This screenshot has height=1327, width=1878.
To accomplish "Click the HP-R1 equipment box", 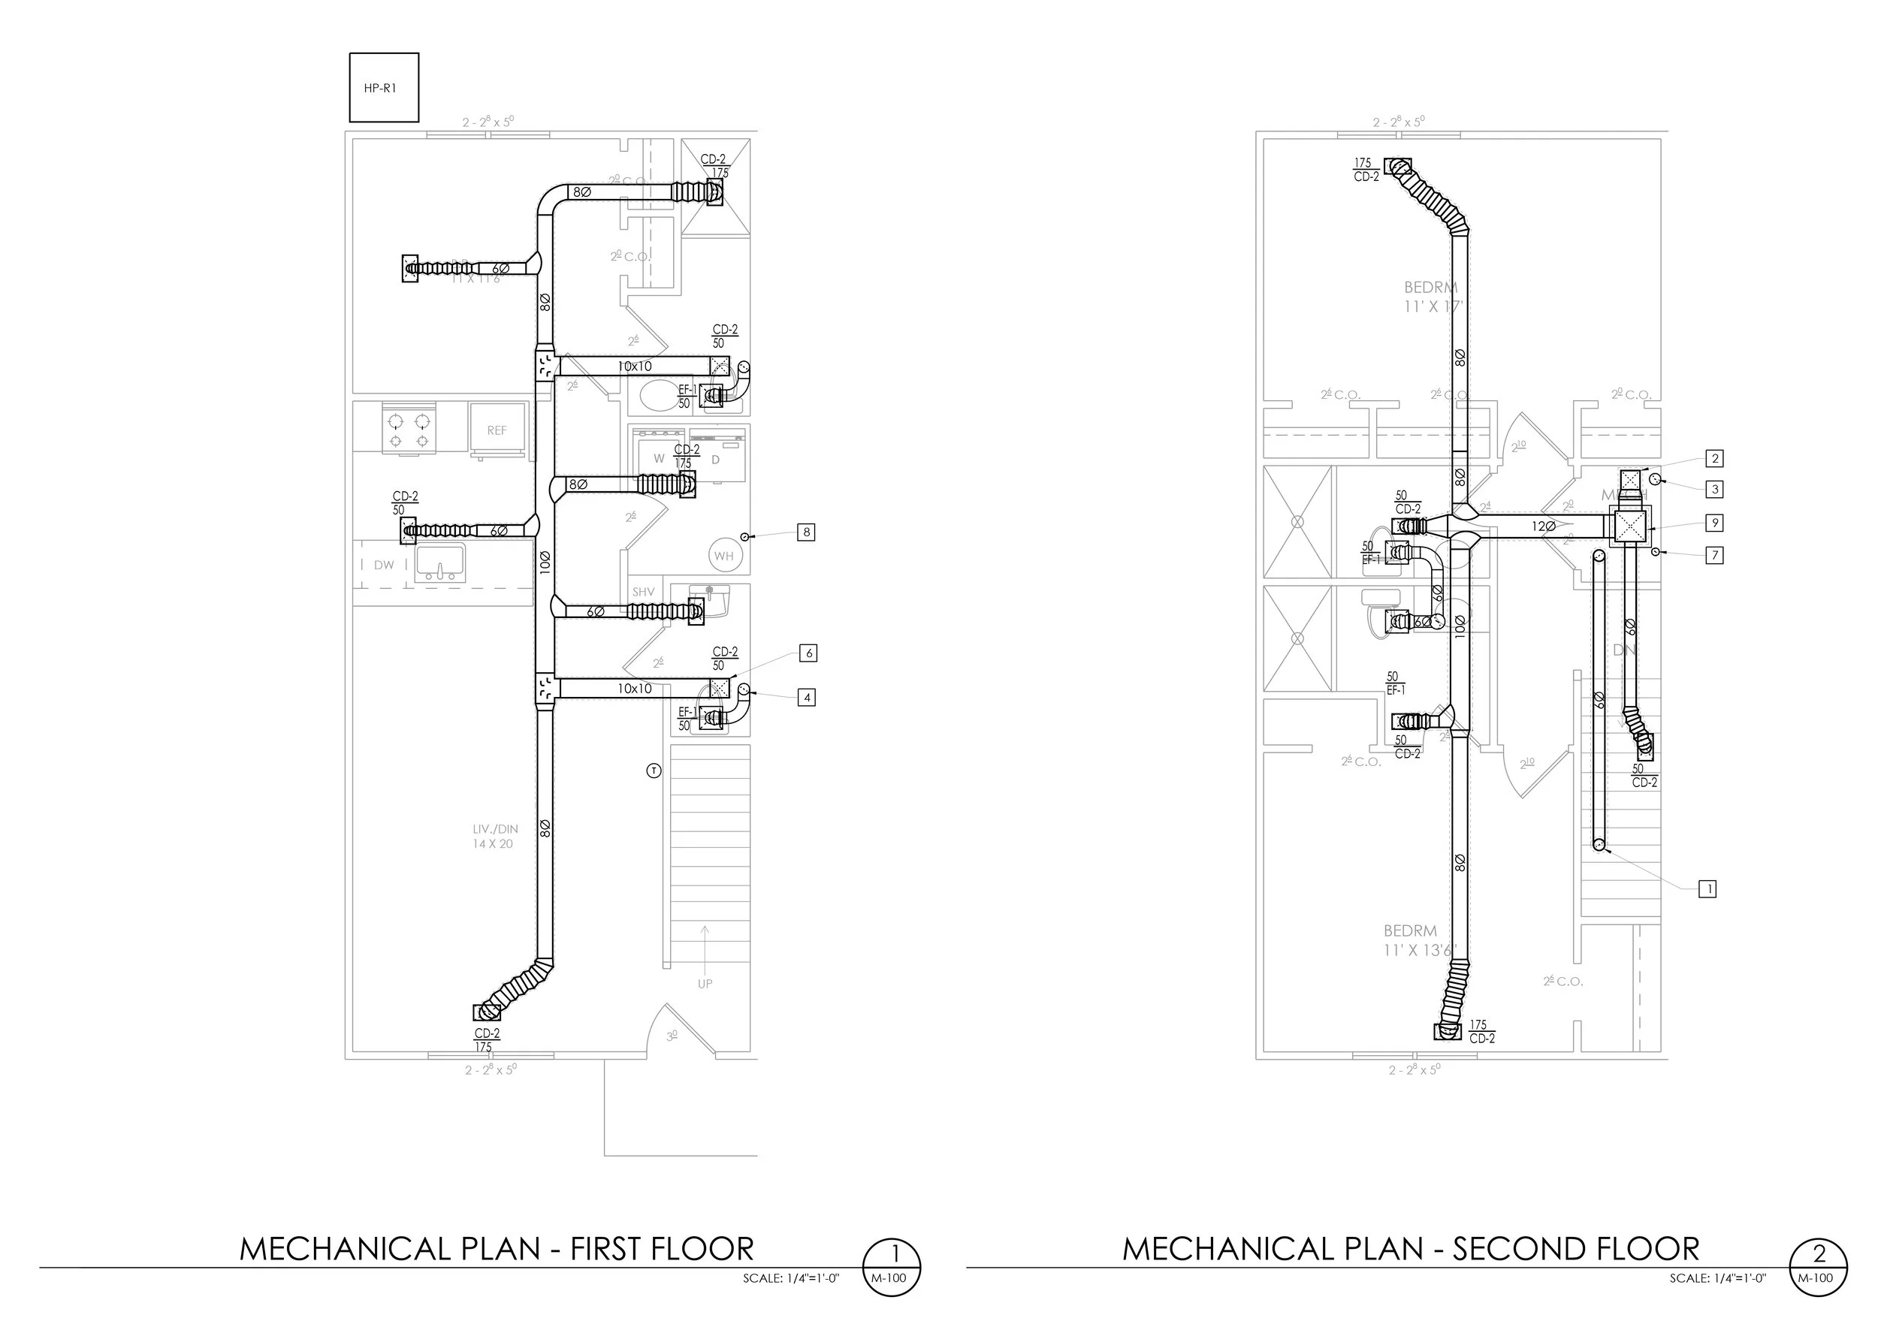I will (384, 87).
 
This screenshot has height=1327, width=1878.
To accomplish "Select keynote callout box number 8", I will (807, 532).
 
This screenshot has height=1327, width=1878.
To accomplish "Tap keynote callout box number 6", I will (808, 653).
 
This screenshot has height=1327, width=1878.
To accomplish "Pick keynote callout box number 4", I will (808, 698).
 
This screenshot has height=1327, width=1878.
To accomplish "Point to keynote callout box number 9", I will (1715, 523).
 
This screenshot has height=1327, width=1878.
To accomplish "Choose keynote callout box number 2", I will (1715, 459).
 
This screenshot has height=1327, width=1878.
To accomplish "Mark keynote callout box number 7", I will (1715, 556).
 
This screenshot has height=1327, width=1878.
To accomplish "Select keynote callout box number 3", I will (1715, 490).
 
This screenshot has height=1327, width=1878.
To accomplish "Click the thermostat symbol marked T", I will (654, 771).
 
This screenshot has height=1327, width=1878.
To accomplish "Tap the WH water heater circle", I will (724, 556).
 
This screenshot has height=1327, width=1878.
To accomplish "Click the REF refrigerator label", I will (497, 431).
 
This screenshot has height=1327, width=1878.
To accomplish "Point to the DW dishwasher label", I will (384, 565).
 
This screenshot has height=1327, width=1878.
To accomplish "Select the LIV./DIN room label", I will (495, 837).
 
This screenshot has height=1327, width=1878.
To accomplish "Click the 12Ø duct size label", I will (1544, 526).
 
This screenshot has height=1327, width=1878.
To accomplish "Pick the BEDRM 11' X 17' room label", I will (1431, 297).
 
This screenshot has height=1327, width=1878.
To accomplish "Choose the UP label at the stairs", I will (705, 984).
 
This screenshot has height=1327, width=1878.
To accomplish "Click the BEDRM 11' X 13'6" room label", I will (1421, 940).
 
